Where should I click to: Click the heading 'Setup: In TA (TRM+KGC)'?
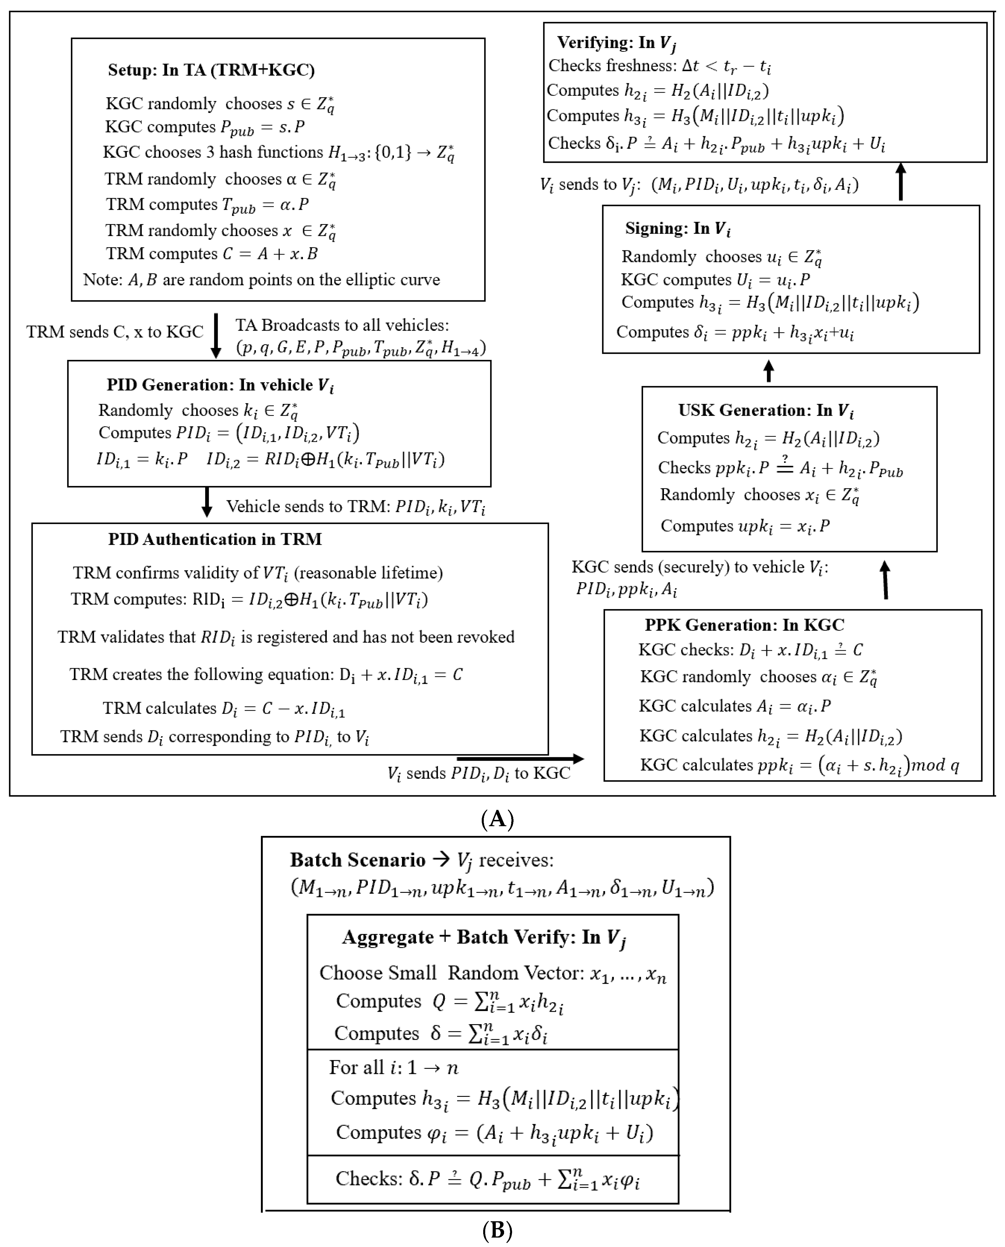tap(211, 70)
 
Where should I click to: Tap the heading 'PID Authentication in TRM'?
tap(215, 539)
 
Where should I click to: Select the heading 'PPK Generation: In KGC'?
tap(744, 625)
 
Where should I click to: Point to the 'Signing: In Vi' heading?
tap(677, 229)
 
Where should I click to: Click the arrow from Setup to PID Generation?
tap(216, 336)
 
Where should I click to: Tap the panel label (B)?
tap(497, 1230)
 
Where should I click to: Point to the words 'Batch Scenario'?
tap(358, 860)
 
